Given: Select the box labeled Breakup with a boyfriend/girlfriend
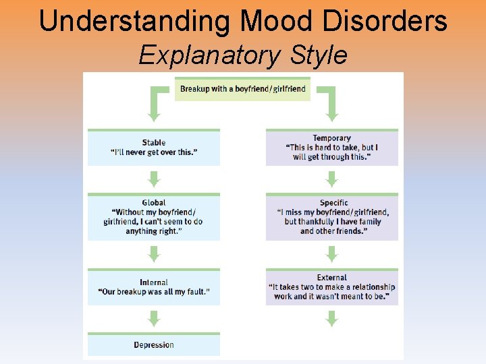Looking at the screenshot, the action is pos(242,88).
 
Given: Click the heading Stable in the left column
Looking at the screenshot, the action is pos(154,142).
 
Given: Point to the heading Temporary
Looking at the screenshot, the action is pos(331,138).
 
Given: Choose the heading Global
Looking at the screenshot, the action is pos(154,202).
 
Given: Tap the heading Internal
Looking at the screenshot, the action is pos(154,282).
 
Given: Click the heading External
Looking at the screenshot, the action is pos(331,277).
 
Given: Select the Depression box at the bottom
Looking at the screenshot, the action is pos(154,345).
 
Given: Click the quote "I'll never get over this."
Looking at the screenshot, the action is pos(154,152).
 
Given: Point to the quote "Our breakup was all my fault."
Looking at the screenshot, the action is pos(154,292).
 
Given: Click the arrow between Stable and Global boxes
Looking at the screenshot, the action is pos(154,179).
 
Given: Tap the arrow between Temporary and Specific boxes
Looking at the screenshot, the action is pos(331,179).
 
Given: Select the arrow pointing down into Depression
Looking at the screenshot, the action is pos(154,319).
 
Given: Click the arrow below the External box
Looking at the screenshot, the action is pos(331,319).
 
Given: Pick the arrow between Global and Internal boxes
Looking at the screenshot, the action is pos(154,254).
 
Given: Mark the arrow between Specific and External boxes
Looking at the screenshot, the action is pos(331,254).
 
